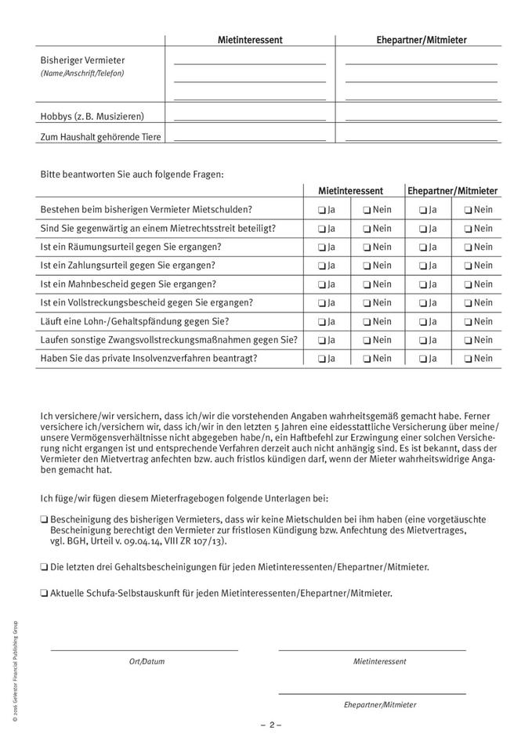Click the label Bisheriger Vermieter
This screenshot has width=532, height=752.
coord(82,60)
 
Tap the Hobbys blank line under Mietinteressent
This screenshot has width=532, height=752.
coord(249,119)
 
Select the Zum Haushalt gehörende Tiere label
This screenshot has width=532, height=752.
coord(101,137)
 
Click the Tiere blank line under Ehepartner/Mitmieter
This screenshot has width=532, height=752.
coord(421,139)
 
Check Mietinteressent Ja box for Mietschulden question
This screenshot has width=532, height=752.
coord(322,210)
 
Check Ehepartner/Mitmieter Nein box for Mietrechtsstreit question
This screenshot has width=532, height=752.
coord(467,229)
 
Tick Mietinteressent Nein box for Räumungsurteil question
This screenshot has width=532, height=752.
coord(367,248)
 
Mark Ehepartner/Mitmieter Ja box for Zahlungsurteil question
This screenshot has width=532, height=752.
coord(422,266)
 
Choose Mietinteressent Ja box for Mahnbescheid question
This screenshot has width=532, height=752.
coord(322,284)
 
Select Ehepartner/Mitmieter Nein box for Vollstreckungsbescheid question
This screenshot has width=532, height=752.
coord(467,303)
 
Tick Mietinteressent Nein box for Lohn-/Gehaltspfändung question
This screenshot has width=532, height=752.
coord(367,322)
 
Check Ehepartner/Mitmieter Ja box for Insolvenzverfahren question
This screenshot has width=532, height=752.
coord(422,359)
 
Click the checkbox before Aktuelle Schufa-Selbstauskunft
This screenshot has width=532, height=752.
coord(44,593)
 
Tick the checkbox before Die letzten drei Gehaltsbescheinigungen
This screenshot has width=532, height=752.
coord(44,566)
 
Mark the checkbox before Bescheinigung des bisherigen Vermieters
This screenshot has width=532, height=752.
coord(44,519)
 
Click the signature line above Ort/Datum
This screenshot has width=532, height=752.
coord(144,649)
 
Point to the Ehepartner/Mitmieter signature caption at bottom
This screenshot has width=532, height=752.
coord(379,705)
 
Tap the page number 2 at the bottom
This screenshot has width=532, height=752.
coord(271,725)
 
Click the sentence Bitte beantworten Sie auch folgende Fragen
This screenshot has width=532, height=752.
coord(132,174)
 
